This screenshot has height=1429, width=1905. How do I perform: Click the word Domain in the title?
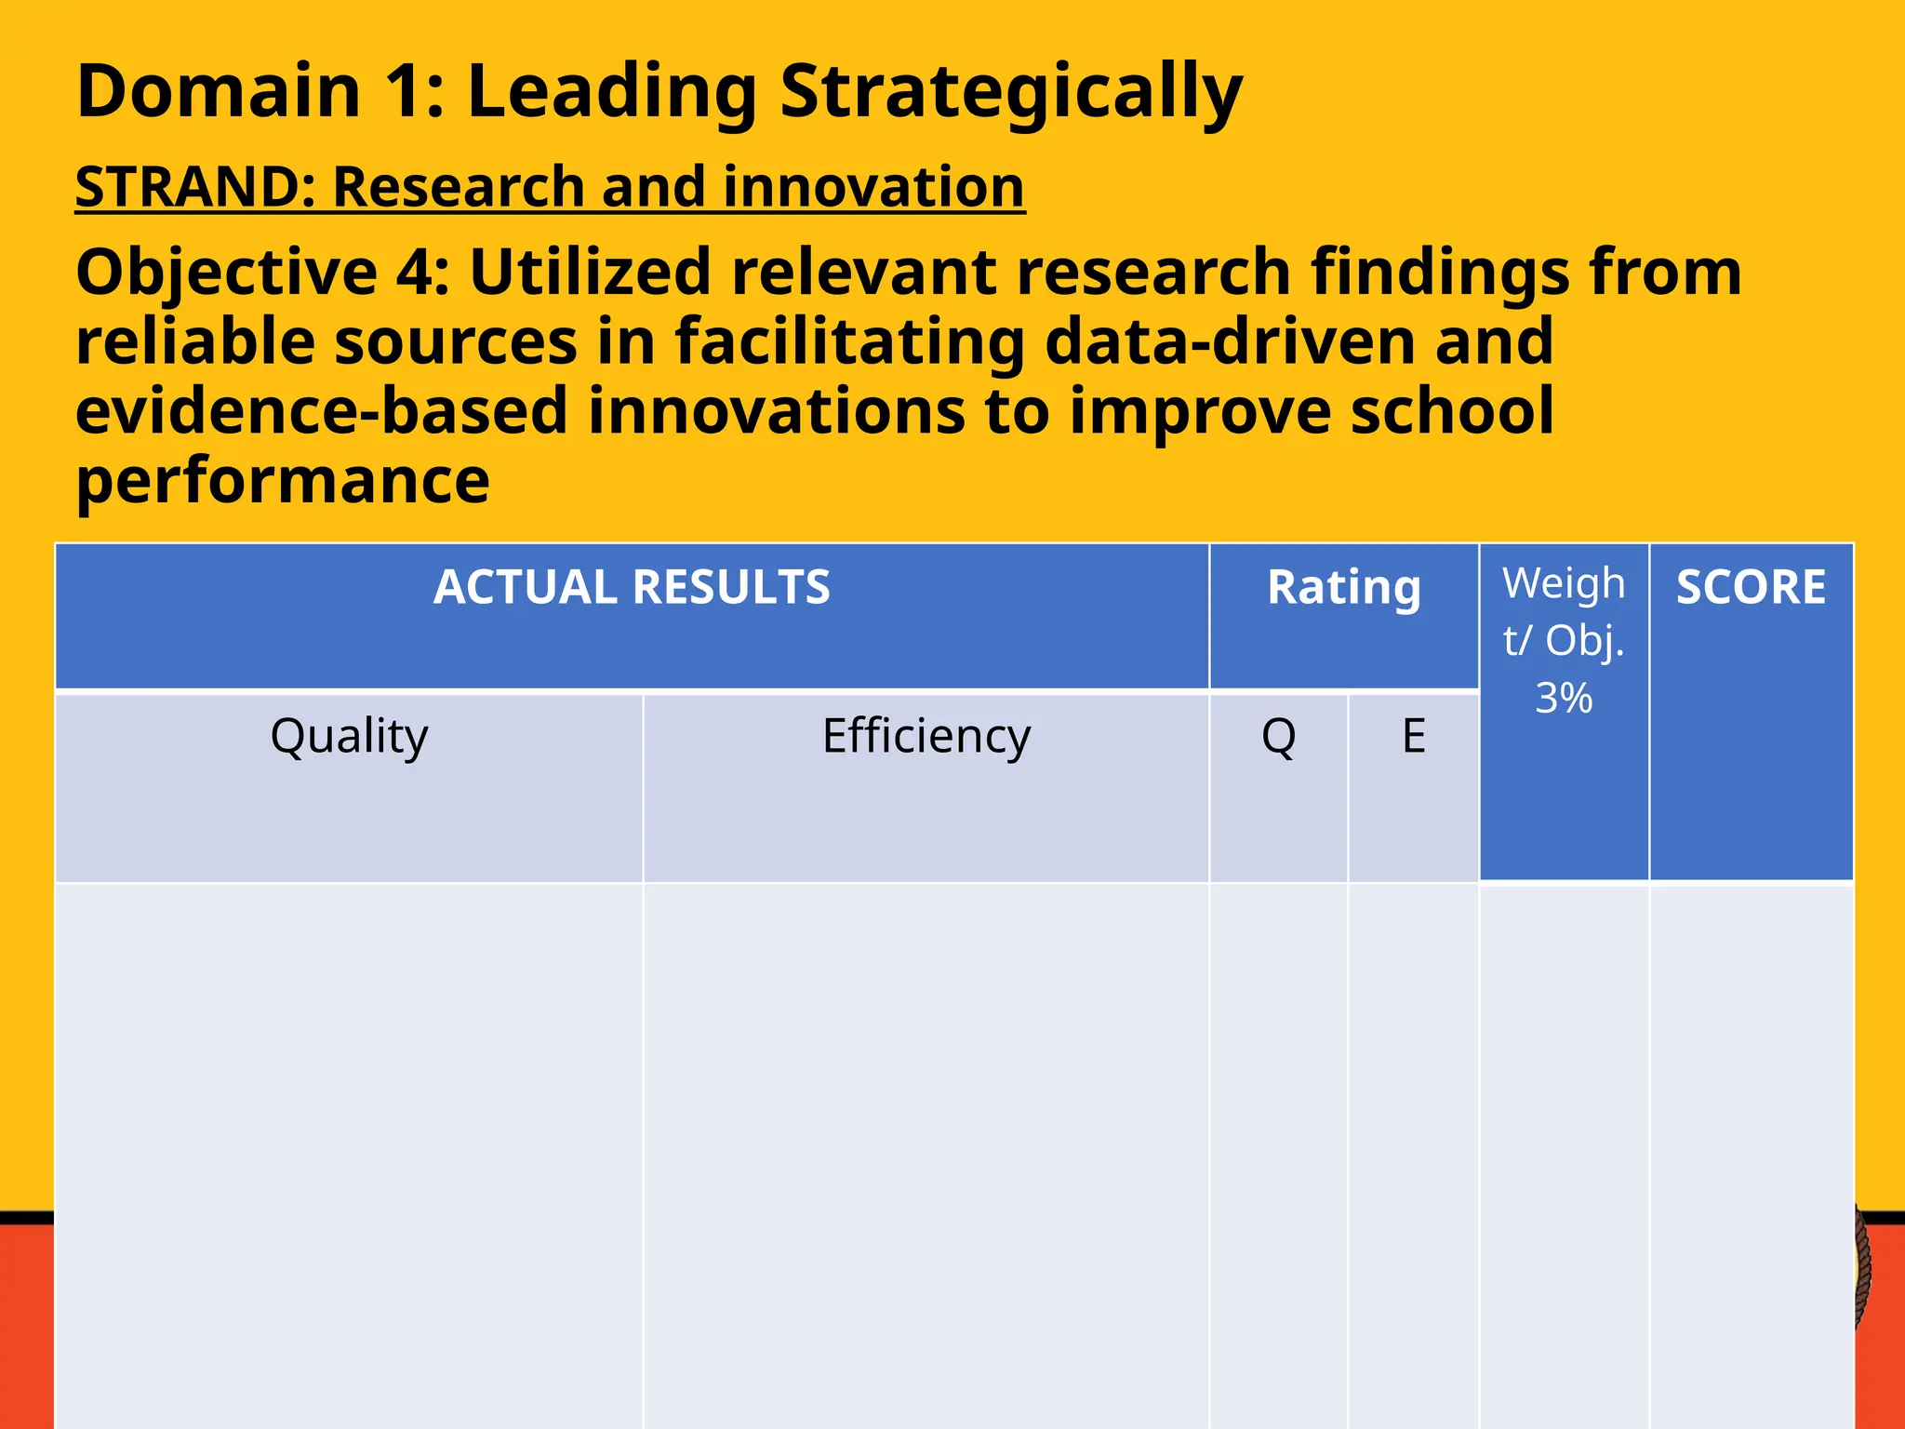[219, 91]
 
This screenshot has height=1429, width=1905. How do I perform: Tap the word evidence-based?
[321, 411]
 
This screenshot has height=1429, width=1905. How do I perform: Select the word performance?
[282, 481]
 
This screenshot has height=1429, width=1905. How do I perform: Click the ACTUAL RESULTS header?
[632, 588]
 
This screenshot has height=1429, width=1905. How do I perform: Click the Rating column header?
[1343, 588]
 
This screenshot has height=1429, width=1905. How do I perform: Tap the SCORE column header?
[1751, 588]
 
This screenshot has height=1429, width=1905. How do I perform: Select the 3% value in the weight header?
[1564, 698]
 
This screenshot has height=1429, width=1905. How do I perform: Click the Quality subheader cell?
[349, 736]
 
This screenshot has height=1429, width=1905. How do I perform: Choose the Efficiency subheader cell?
[926, 736]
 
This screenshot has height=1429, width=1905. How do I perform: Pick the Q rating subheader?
[1278, 736]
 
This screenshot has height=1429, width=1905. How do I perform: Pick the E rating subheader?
[1413, 736]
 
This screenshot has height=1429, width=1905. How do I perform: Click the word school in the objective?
[1451, 411]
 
